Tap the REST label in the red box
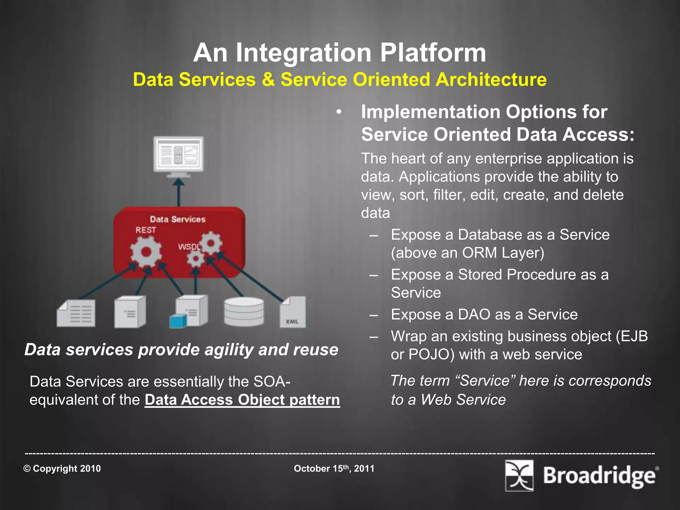tap(146, 230)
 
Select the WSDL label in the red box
tap(189, 247)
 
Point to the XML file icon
tap(293, 312)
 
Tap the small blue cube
tap(177, 321)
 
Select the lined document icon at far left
tap(76, 313)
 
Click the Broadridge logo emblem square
tap(519, 475)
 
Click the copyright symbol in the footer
tap(27, 468)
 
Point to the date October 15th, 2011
tap(334, 468)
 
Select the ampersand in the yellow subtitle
tap(268, 80)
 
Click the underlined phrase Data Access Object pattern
tap(242, 399)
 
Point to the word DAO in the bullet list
tap(474, 314)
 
